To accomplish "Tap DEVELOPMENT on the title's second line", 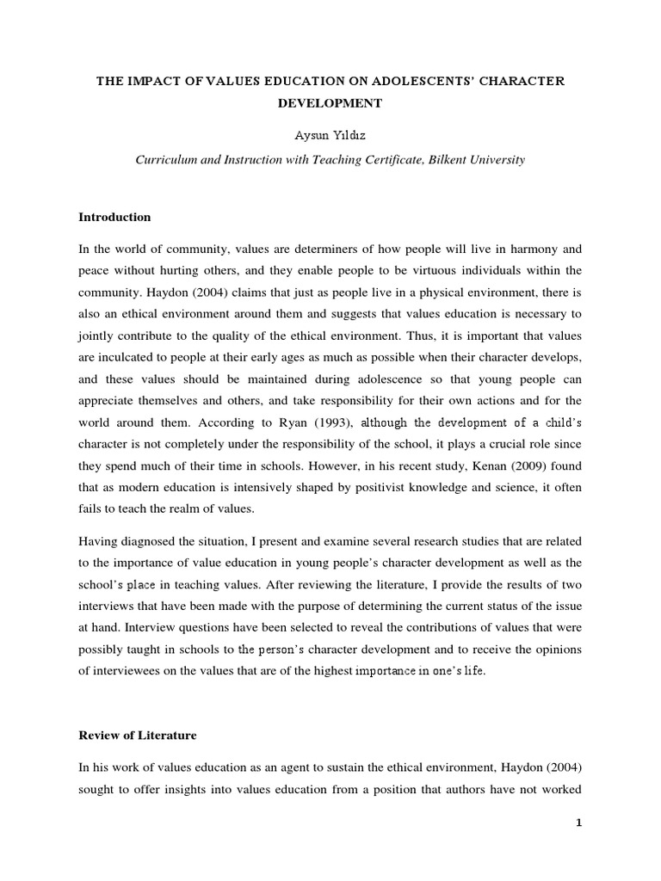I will [330, 103].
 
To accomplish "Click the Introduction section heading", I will [114, 217].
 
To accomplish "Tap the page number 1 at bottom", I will [579, 822].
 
